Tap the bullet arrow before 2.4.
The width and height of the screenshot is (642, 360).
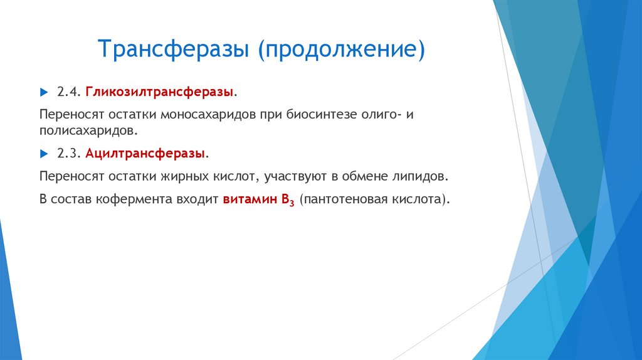(x=43, y=92)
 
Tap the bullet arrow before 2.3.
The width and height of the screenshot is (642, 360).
(x=43, y=153)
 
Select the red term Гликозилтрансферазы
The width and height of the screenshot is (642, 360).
(x=160, y=92)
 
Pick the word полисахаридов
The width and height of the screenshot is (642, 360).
(x=86, y=132)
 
